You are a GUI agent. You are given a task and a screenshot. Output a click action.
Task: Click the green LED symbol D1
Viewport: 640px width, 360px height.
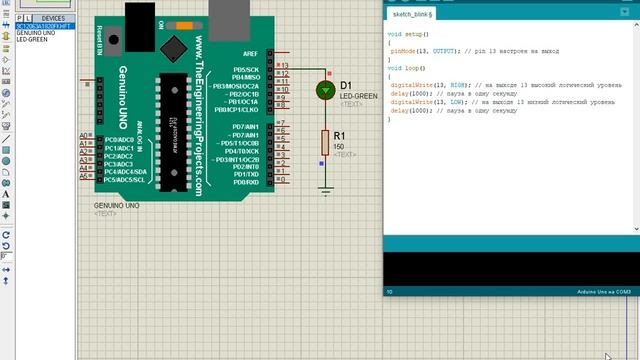point(324,90)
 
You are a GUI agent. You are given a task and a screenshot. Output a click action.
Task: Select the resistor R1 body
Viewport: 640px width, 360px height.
point(324,141)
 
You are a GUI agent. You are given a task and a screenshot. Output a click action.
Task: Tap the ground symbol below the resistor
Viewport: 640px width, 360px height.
point(324,187)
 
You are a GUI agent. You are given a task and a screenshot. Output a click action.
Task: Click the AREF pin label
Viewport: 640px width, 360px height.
point(250,53)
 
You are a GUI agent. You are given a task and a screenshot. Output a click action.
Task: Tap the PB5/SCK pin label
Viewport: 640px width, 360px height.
point(246,69)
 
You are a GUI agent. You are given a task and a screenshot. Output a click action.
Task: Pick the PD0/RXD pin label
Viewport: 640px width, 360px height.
point(246,183)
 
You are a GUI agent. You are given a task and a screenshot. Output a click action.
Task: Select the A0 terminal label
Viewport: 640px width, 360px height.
point(85,136)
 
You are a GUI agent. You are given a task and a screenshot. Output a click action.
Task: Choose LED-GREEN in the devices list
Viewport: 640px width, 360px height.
point(32,39)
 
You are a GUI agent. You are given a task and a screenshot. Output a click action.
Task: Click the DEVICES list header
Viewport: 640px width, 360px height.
point(53,18)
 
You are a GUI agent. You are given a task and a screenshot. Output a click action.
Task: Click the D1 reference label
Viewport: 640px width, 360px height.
point(346,86)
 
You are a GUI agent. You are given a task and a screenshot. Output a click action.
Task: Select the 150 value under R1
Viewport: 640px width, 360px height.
point(338,147)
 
